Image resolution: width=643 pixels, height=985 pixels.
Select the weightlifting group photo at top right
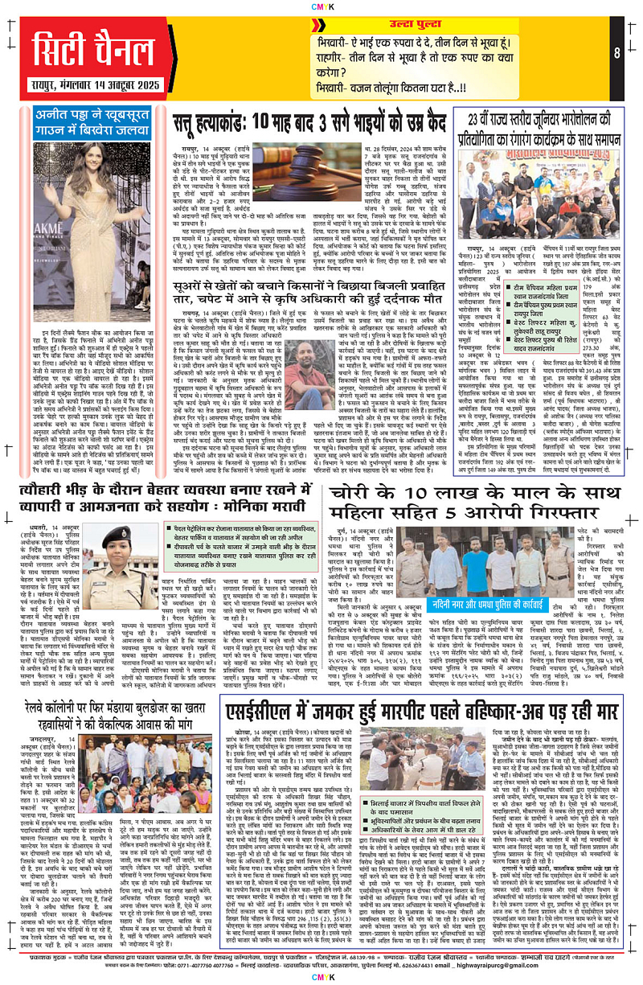pyautogui.click(x=546, y=180)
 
